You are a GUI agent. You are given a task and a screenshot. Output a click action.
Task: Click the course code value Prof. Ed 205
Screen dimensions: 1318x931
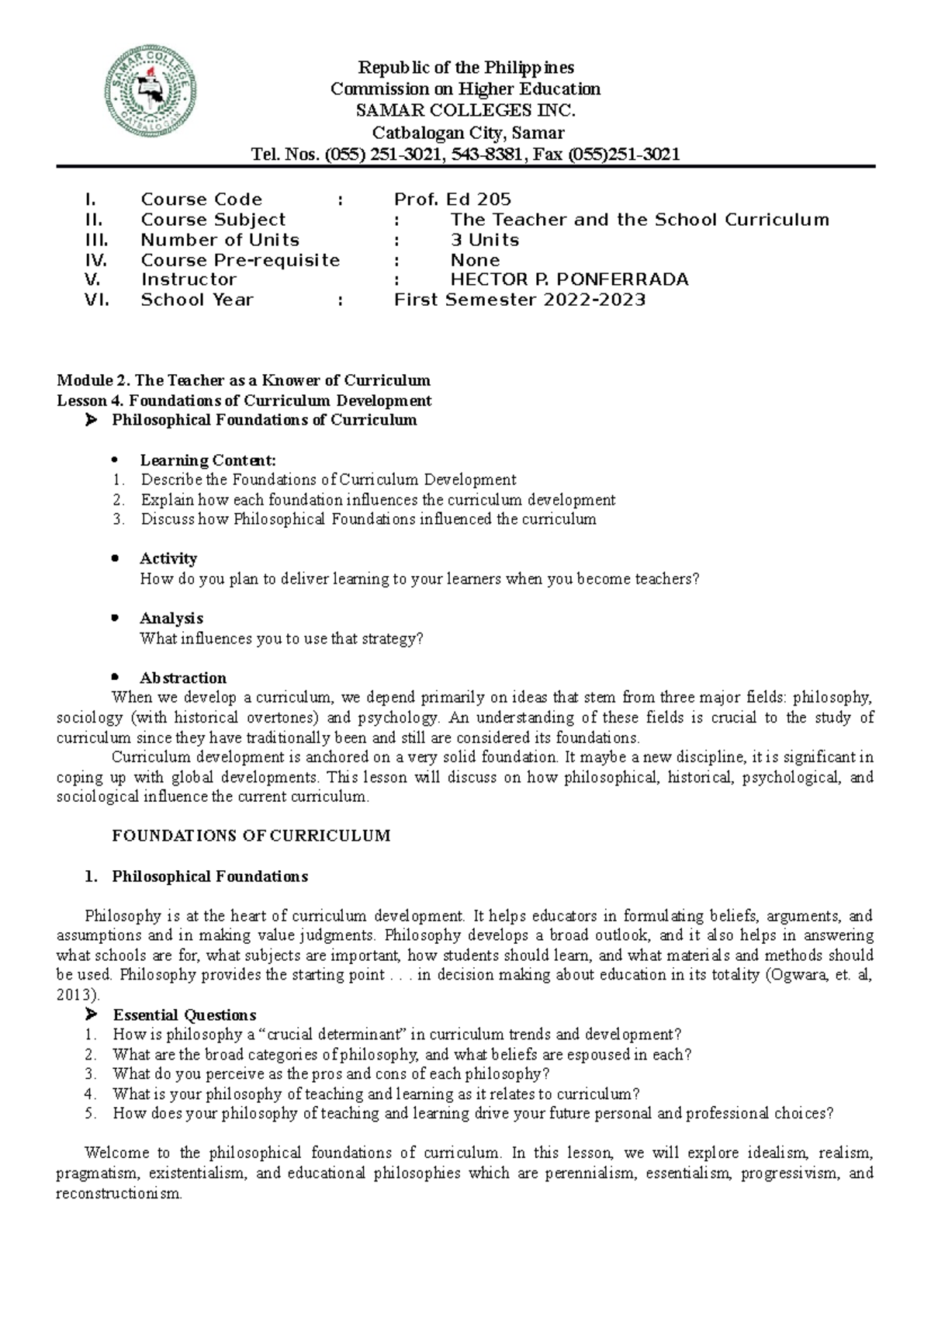pyautogui.click(x=452, y=199)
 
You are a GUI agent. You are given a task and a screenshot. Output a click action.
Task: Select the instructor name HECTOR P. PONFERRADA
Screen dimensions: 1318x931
pyautogui.click(x=569, y=279)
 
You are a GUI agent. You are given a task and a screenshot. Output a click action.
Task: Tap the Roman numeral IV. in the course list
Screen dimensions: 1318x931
pyautogui.click(x=95, y=260)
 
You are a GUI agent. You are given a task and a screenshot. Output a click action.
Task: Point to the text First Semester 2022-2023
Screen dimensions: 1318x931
pyautogui.click(x=519, y=300)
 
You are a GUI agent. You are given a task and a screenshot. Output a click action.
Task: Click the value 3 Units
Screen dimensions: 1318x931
pyautogui.click(x=484, y=240)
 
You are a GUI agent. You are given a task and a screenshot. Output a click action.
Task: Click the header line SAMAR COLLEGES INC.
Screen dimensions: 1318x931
pyautogui.click(x=465, y=110)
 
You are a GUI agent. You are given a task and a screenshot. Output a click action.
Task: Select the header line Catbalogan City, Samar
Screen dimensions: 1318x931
pyautogui.click(x=465, y=132)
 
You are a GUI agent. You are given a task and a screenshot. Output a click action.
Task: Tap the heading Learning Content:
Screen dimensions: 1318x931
pyautogui.click(x=207, y=460)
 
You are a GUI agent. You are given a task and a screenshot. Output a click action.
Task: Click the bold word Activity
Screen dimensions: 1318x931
pyautogui.click(x=168, y=559)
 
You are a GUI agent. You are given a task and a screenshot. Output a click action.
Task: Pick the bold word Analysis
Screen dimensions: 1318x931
pyautogui.click(x=171, y=619)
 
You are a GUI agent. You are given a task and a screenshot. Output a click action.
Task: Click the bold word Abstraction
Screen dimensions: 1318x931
pyautogui.click(x=182, y=678)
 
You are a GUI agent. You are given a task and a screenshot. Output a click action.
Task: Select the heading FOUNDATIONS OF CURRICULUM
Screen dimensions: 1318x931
pyautogui.click(x=251, y=836)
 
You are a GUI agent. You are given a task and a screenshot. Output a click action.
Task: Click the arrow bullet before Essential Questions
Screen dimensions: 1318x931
pyautogui.click(x=92, y=1015)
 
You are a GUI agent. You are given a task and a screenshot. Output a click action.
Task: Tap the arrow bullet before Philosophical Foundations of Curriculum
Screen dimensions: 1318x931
pyautogui.click(x=92, y=420)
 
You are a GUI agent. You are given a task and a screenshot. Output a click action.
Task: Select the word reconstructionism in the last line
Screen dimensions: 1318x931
pyautogui.click(x=118, y=1194)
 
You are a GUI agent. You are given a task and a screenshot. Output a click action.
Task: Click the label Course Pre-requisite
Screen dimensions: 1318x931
pyautogui.click(x=240, y=260)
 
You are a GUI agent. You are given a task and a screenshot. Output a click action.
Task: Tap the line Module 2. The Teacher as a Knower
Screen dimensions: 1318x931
pyautogui.click(x=243, y=380)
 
